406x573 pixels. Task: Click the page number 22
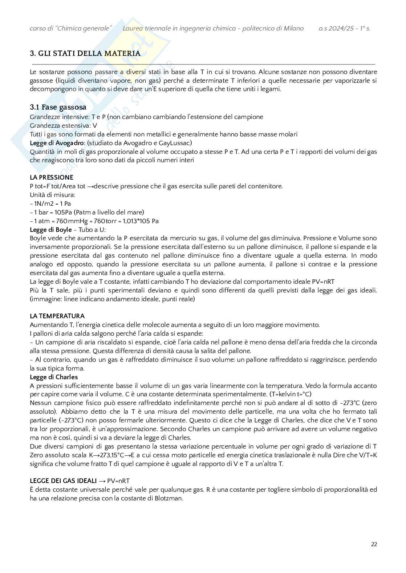click(374, 544)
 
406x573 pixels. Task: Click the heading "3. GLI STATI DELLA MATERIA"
click(85, 53)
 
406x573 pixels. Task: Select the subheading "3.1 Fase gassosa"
click(58, 107)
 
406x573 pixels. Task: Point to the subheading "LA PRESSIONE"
click(52, 177)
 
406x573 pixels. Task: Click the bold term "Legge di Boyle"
click(50, 230)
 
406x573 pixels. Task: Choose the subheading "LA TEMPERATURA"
click(57, 316)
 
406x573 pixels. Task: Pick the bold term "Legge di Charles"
click(54, 377)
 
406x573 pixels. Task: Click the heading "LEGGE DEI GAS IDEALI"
click(63, 481)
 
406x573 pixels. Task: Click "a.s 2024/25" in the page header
click(337, 28)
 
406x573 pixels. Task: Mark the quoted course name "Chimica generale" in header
click(83, 28)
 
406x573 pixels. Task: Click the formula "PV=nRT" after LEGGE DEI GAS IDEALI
click(118, 481)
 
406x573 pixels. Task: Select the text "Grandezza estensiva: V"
click(63, 126)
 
